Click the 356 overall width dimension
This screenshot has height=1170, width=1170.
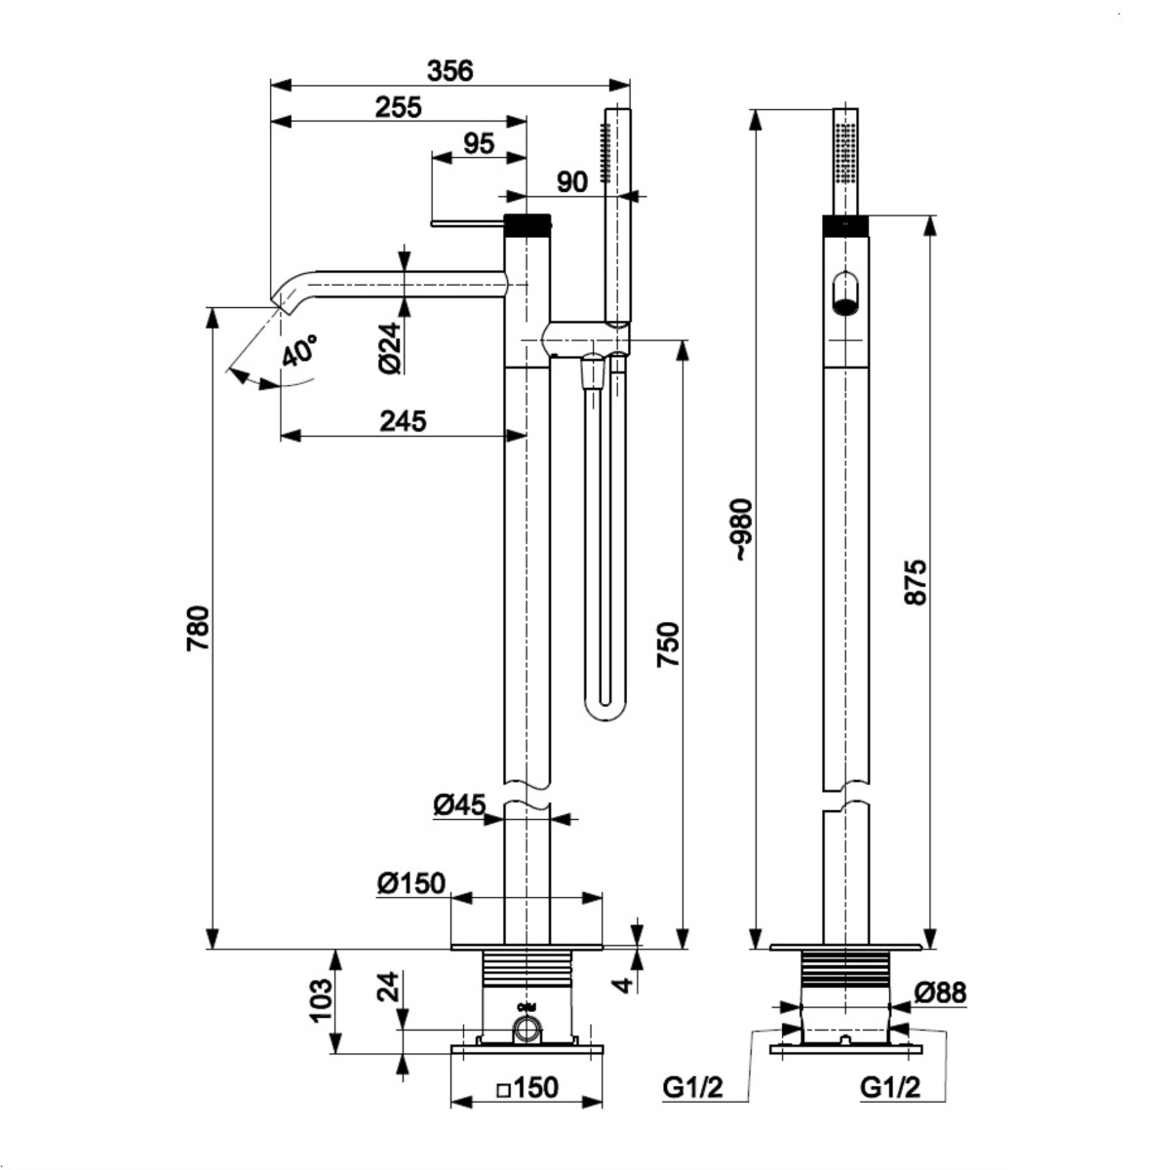pyautogui.click(x=449, y=71)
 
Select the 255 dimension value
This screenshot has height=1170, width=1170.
pyautogui.click(x=399, y=107)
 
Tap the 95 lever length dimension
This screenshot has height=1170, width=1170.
pyautogui.click(x=478, y=143)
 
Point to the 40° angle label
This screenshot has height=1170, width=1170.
pyautogui.click(x=299, y=350)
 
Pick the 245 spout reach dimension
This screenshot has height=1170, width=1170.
pyautogui.click(x=403, y=421)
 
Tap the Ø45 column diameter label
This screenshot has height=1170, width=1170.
pyautogui.click(x=459, y=805)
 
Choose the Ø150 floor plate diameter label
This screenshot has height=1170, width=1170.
pyautogui.click(x=410, y=883)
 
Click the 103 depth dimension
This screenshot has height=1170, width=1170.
pyautogui.click(x=322, y=1001)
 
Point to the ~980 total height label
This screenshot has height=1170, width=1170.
pyautogui.click(x=743, y=528)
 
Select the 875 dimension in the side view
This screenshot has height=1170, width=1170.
pyautogui.click(x=916, y=581)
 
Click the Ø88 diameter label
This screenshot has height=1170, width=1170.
pyautogui.click(x=940, y=993)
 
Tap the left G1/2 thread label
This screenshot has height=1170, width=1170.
pyautogui.click(x=692, y=1087)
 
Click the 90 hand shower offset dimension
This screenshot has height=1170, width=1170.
pyautogui.click(x=572, y=182)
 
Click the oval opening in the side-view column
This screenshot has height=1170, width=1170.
pyautogui.click(x=845, y=293)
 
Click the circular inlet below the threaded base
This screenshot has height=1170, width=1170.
pyautogui.click(x=527, y=1028)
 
